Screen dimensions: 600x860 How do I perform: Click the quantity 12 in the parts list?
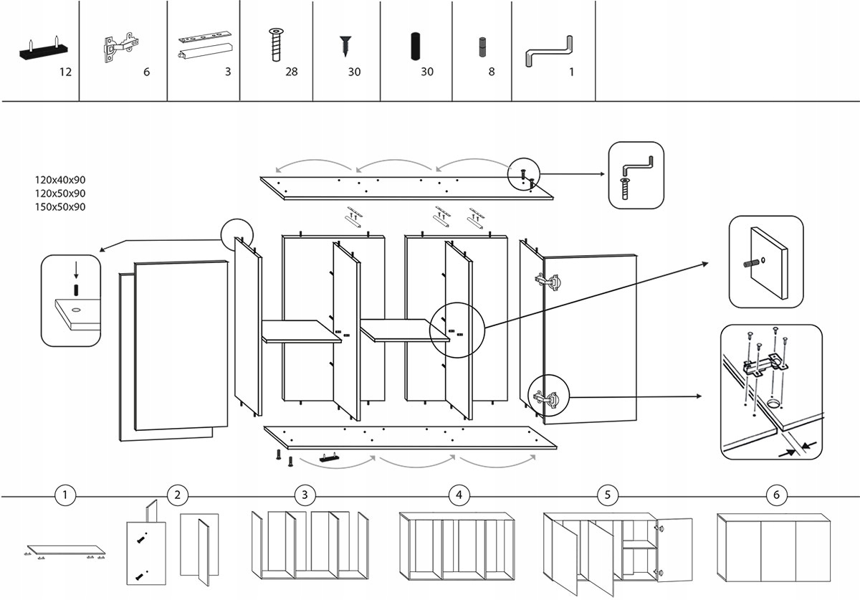[x=65, y=72]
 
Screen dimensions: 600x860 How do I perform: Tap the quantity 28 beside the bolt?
[x=291, y=72]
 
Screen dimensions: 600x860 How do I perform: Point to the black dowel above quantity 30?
[x=414, y=46]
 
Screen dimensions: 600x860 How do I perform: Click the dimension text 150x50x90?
[x=60, y=207]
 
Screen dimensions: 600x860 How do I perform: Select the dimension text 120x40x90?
[x=60, y=180]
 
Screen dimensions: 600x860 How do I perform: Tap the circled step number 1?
[x=65, y=495]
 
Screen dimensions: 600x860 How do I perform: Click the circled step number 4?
[x=459, y=495]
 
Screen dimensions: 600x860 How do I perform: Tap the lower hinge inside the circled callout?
[x=547, y=399]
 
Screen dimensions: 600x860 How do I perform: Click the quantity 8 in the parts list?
[x=492, y=72]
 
